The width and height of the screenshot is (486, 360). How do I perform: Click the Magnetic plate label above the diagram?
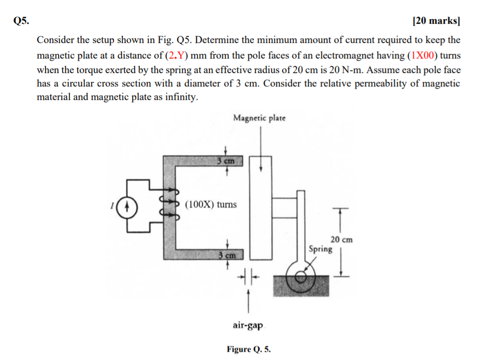(x=259, y=118)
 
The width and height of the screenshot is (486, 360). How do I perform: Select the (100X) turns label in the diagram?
(x=211, y=204)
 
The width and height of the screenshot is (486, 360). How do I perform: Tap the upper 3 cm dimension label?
(x=226, y=161)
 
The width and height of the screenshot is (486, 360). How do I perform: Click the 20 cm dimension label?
(x=341, y=239)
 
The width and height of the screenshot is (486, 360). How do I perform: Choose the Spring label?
(x=320, y=249)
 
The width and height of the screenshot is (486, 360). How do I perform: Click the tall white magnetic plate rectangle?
(x=261, y=207)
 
